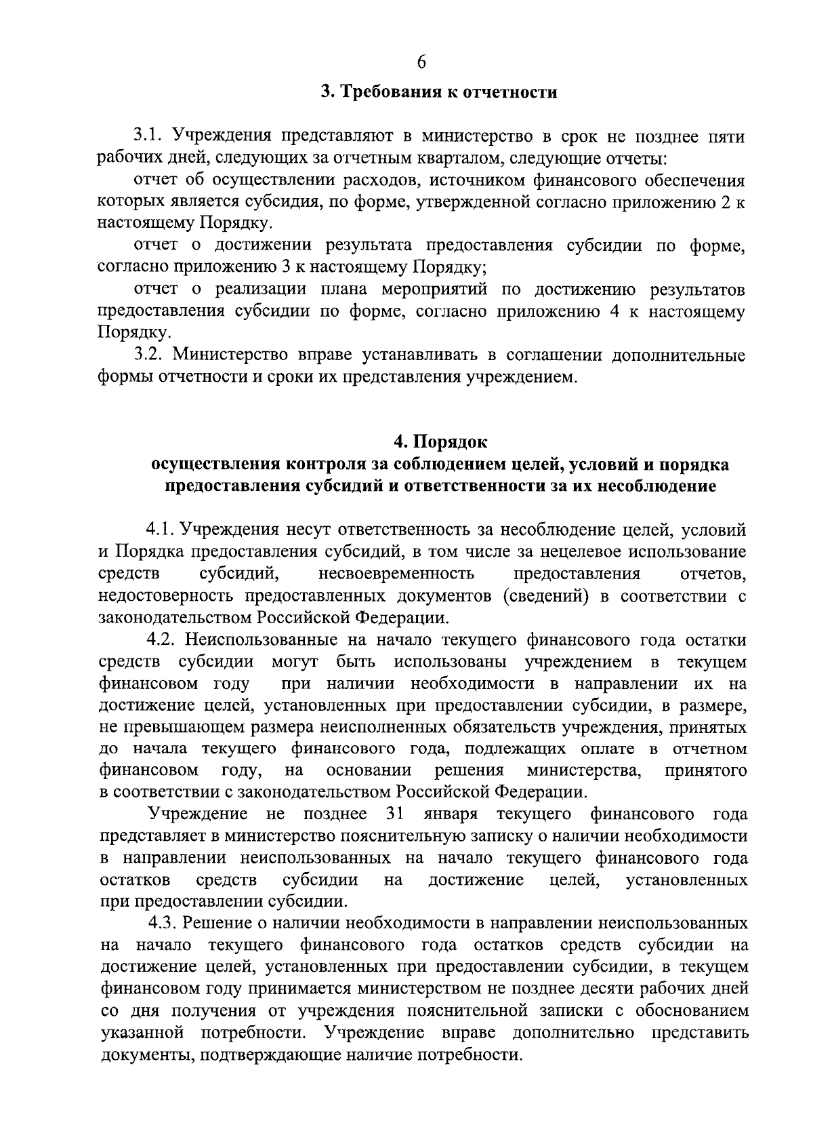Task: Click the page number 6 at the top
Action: click(421, 62)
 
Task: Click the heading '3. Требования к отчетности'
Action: click(438, 92)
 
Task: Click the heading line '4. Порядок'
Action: click(440, 442)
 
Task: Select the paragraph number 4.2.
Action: click(163, 639)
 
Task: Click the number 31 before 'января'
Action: click(394, 814)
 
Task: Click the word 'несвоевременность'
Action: click(396, 574)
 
